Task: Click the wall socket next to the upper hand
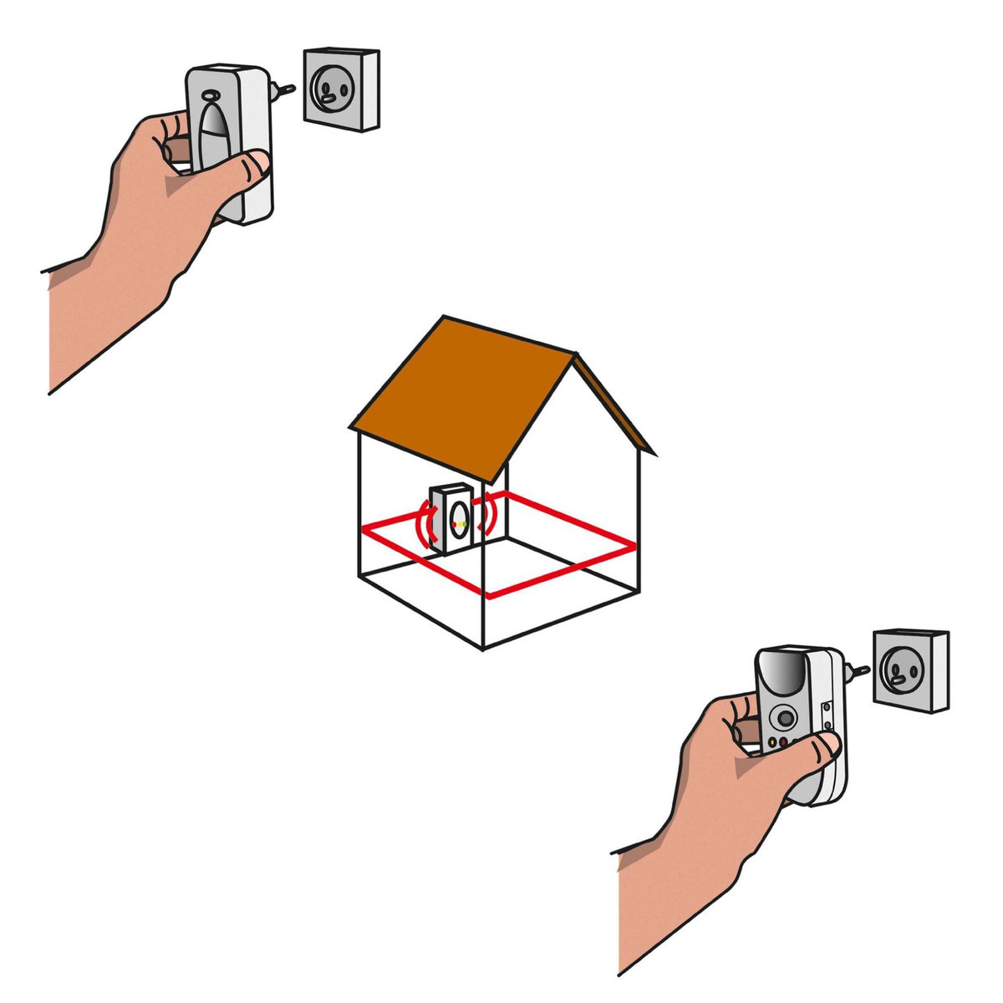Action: [341, 89]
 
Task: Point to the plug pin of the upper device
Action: [286, 88]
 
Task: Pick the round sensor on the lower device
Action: [785, 715]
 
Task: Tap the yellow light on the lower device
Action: [771, 742]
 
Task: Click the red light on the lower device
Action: [782, 741]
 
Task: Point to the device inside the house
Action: [451, 519]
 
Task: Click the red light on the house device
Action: [454, 525]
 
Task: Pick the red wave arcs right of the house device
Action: [487, 513]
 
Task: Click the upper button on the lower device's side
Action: [827, 707]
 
